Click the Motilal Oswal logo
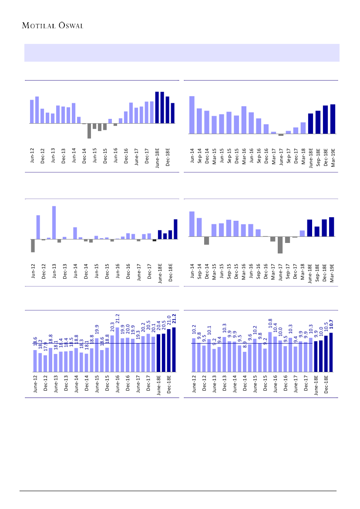pyautogui.click(x=52, y=25)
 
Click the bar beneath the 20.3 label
pyautogui.click(x=112, y=354)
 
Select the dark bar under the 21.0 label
pyautogui.click(x=168, y=351)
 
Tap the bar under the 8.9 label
pyautogui.click(x=245, y=362)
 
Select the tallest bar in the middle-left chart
pyautogui.click(x=54, y=222)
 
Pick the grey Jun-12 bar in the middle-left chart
pyautogui.click(x=33, y=246)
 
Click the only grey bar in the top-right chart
pyautogui.click(x=281, y=135)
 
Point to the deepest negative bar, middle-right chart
pyautogui.click(x=280, y=245)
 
